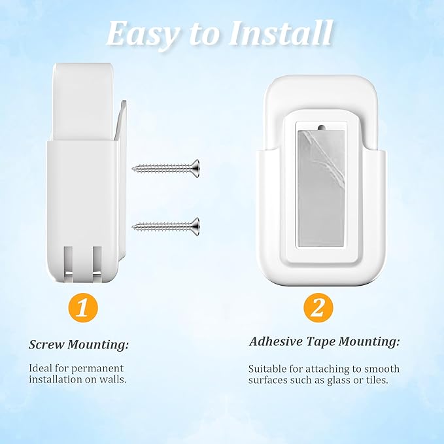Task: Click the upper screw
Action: tap(166, 167)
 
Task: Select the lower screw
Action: tap(166, 226)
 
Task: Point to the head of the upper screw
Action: tap(195, 167)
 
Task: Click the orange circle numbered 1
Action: tap(81, 308)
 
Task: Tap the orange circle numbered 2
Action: tap(318, 308)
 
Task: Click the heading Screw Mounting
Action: tap(79, 344)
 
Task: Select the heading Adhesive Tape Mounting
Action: tap(324, 341)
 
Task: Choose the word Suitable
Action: tap(267, 369)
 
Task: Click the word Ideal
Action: tap(41, 368)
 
